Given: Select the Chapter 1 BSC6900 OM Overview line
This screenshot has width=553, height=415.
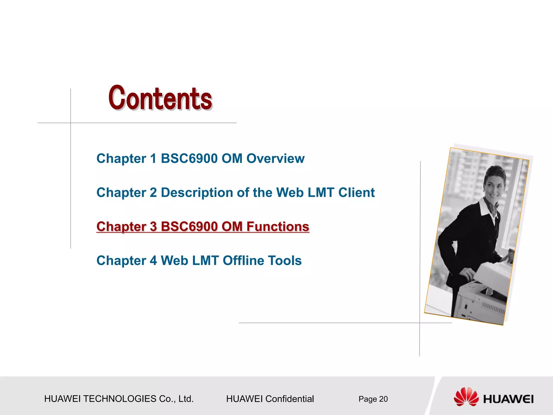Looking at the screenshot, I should coord(200,159).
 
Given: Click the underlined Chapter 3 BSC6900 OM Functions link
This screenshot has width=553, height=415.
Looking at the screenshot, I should coord(203,227).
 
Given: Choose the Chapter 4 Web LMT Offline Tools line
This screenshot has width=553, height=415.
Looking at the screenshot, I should coord(199,261).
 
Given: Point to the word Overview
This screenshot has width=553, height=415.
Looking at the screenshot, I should coord(275,159).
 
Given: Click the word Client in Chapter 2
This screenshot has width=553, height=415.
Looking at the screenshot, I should coord(356,193).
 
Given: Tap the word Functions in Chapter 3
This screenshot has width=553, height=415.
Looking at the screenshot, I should coord(278,227).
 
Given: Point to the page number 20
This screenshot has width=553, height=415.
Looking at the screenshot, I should coord(383,399).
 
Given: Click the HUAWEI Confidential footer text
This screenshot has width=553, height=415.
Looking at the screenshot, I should coord(270,399).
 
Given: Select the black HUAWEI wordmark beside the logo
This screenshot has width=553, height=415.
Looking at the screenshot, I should coord(508,399).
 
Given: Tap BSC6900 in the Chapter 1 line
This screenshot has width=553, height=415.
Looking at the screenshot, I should coord(189,159).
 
